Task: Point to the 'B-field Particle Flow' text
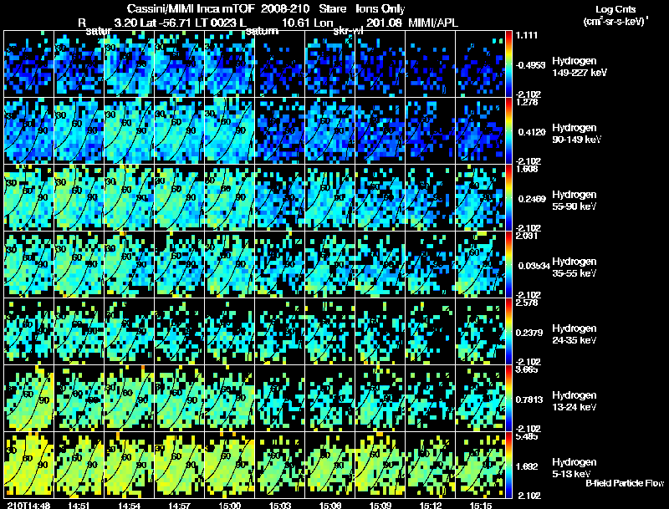[x=624, y=484]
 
